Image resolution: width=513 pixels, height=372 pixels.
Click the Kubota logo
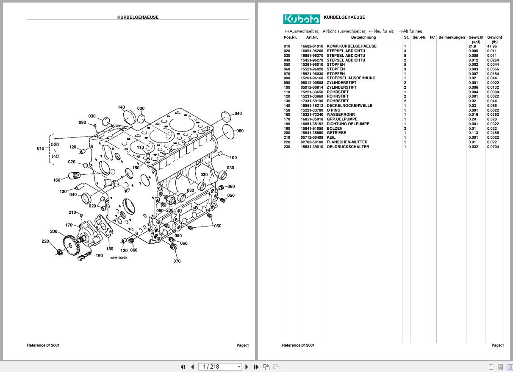point(302,19)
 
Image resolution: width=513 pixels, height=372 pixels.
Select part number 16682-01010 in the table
point(312,46)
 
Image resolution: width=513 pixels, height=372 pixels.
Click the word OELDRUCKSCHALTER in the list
point(348,147)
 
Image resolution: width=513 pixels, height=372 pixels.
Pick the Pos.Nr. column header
point(290,37)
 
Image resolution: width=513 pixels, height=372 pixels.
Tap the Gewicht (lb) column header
point(494,39)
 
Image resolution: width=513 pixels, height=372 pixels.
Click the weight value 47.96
point(492,46)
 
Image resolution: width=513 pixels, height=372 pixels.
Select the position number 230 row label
point(287,147)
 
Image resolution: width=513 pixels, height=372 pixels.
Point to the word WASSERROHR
point(341,115)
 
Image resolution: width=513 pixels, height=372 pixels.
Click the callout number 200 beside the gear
point(54,232)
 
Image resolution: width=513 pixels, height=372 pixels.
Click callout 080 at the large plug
point(240,131)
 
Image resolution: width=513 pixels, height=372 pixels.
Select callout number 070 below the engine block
point(177,261)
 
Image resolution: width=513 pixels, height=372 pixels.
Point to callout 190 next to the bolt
point(99,256)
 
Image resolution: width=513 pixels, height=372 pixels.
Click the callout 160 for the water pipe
point(56,180)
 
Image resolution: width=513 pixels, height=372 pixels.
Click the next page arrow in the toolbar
point(247,367)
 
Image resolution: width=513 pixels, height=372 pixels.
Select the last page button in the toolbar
point(256,367)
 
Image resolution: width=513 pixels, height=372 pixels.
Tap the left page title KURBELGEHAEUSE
point(138,17)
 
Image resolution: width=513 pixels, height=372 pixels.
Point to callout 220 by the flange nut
point(45,241)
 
